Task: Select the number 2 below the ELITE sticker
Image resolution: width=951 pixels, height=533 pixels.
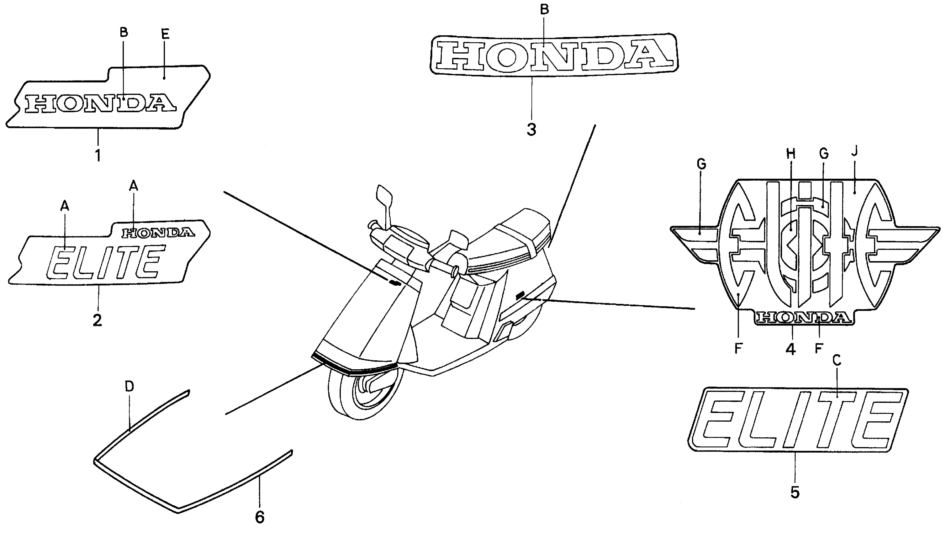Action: [x=97, y=320]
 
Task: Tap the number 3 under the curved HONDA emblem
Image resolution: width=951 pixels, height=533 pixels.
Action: [x=531, y=130]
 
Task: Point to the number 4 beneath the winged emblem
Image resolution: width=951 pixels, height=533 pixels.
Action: [x=790, y=349]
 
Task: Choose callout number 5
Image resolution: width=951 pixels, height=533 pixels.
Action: [x=795, y=492]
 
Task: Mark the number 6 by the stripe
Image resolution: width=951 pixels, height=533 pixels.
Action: [x=260, y=517]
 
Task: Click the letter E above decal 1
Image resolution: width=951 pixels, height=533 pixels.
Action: [x=165, y=34]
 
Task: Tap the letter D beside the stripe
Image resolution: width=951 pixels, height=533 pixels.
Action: [x=129, y=387]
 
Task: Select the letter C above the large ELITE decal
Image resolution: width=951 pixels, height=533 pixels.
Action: [x=837, y=360]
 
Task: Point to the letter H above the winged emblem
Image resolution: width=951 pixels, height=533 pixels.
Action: [x=790, y=154]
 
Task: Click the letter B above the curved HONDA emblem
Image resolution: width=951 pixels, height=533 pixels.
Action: [x=545, y=10]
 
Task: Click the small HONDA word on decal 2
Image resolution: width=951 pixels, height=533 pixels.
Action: [x=158, y=233]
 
